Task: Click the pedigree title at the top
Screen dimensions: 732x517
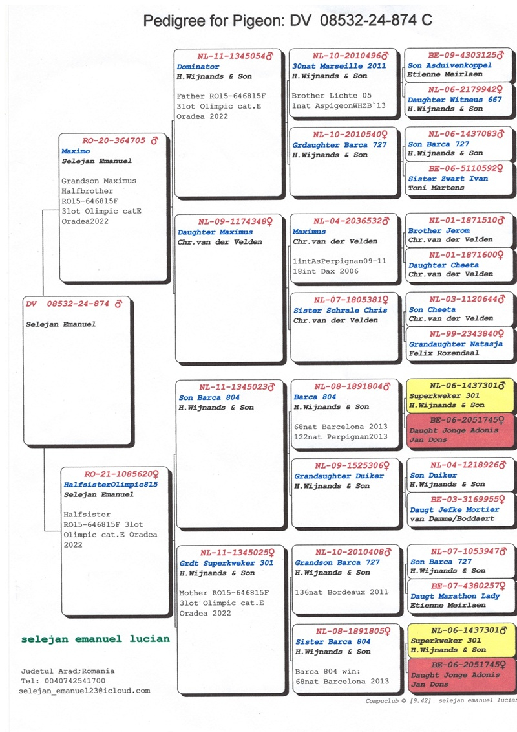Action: click(288, 21)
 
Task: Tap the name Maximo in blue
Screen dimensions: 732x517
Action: click(76, 151)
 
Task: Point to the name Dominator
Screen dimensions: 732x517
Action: click(198, 67)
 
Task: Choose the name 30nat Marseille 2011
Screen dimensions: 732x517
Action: click(339, 66)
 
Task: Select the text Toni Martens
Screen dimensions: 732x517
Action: click(436, 188)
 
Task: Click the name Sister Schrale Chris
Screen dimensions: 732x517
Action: click(340, 310)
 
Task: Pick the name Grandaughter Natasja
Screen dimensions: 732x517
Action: click(455, 344)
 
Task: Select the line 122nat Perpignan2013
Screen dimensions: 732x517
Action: click(340, 437)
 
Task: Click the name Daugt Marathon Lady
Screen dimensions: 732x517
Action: click(455, 596)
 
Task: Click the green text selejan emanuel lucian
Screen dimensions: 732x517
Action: click(95, 639)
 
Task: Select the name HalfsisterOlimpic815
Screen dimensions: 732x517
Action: click(110, 484)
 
